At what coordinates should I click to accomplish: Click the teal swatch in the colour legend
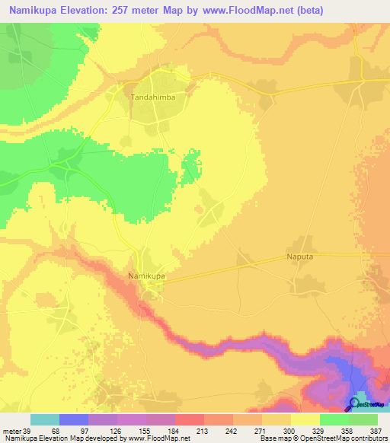[x=45, y=419]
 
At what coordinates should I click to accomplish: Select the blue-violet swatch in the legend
[x=74, y=419]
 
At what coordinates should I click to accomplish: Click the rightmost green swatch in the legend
[x=363, y=419]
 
